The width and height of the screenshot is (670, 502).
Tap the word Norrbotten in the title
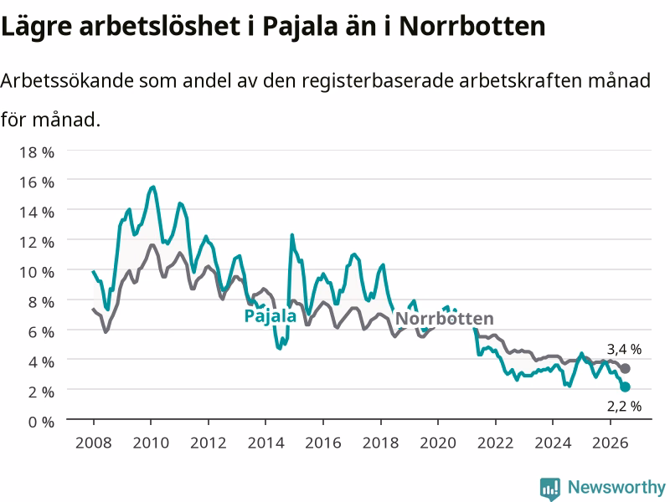[472, 27]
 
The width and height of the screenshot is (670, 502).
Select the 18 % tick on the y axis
[37, 152]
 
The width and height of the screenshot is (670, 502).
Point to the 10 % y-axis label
[37, 272]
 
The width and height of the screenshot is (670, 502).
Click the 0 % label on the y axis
[41, 422]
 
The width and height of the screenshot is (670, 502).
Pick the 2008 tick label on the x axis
[94, 443]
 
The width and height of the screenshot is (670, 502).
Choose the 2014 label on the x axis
[265, 443]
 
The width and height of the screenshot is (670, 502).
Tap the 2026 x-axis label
[611, 443]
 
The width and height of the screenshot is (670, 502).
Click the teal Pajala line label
[270, 316]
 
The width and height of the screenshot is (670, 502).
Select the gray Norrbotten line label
[445, 319]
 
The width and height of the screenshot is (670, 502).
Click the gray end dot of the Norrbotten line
[625, 368]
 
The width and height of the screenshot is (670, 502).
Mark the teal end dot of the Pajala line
[625, 387]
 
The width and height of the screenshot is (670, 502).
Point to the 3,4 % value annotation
[624, 349]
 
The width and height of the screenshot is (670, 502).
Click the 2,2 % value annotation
[624, 406]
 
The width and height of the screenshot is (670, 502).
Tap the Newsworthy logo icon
[550, 489]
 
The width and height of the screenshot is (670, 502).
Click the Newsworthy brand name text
[616, 487]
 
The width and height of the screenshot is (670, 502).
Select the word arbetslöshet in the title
[159, 27]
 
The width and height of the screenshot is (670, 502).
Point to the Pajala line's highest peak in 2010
[153, 187]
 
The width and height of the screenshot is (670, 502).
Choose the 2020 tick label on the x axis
[438, 443]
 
